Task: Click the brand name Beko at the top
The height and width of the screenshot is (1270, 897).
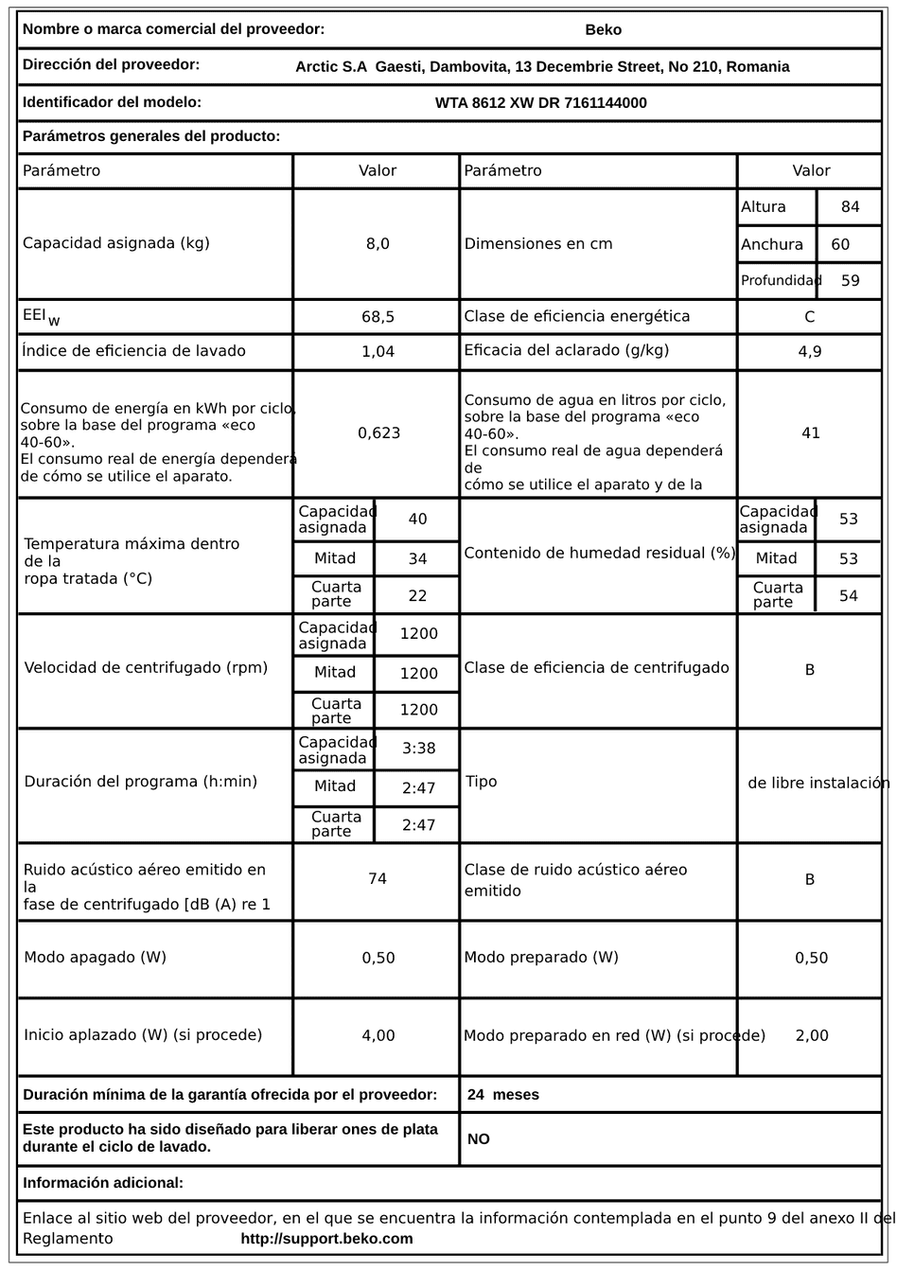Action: coord(604,29)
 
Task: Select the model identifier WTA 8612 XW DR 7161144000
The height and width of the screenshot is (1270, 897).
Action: coord(541,103)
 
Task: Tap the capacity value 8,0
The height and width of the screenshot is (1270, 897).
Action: coord(378,243)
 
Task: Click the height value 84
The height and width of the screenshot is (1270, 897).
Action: coord(850,206)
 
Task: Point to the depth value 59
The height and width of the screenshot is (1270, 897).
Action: coord(850,280)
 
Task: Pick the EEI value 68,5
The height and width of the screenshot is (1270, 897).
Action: coord(378,317)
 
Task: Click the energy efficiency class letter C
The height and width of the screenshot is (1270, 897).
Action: coord(810,317)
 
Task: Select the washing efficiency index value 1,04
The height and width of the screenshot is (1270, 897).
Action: coord(378,351)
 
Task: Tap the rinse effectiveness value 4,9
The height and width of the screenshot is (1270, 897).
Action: coord(810,351)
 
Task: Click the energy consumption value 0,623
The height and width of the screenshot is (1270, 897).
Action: coord(378,432)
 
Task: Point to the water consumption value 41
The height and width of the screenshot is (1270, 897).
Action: coord(811,432)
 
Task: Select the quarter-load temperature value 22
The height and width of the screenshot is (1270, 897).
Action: coord(417,595)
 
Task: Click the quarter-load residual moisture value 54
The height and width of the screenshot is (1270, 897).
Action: coord(849,595)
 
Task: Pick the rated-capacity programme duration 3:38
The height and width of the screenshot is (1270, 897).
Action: coord(418,749)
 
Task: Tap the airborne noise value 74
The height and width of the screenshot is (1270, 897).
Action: coord(378,879)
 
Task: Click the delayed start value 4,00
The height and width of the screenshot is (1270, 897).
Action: coord(378,1035)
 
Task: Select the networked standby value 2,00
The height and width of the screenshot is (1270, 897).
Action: coord(812,1035)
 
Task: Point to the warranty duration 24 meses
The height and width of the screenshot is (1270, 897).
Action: coord(503,1095)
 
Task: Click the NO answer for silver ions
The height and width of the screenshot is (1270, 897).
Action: coord(479,1139)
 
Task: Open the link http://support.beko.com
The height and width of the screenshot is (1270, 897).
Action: coord(326,1239)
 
